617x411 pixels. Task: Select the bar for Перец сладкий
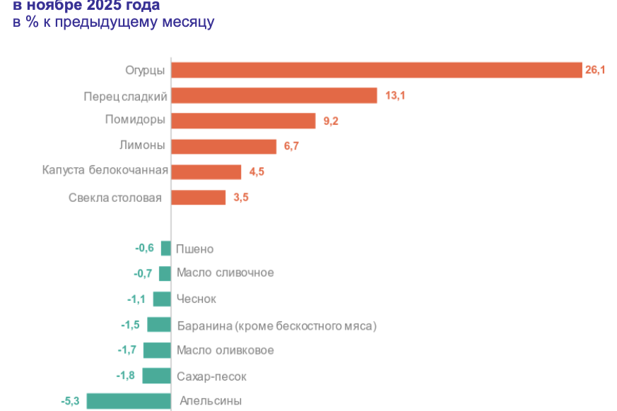tap(274, 95)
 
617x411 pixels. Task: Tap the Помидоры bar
tap(243, 121)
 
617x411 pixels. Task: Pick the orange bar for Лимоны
tap(223, 146)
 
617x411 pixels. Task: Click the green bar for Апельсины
tap(129, 401)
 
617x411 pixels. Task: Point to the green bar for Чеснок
tap(162, 299)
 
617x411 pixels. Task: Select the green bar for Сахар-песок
tap(156, 376)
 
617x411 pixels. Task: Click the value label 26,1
tap(595, 70)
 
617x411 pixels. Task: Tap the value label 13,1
tap(394, 95)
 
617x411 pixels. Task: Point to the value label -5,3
tap(71, 401)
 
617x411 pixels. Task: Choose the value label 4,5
tap(256, 172)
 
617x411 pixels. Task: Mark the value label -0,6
tap(144, 248)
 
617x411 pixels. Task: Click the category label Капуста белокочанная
tap(105, 170)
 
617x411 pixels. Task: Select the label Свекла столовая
tap(115, 197)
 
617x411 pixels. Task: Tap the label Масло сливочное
tap(225, 273)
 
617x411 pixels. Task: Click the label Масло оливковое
tap(225, 350)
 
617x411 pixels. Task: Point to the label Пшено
tap(194, 249)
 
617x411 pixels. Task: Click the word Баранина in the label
tap(201, 326)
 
